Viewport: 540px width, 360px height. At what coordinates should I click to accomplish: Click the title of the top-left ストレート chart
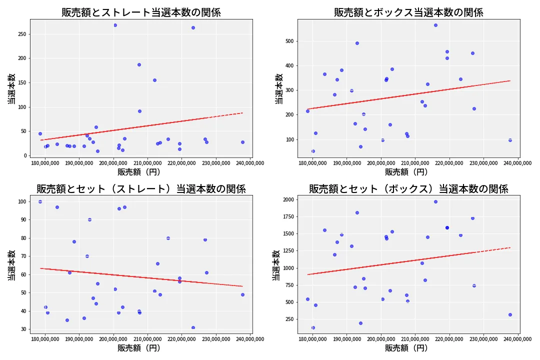141,12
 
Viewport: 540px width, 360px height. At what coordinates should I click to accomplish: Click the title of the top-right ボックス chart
408,12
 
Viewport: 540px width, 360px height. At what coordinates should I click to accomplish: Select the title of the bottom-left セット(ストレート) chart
141,189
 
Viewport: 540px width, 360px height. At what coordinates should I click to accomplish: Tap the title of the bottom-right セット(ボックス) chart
408,189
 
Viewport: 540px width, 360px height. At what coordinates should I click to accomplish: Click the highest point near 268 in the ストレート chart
115,25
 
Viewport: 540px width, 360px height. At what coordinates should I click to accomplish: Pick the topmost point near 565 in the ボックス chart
435,25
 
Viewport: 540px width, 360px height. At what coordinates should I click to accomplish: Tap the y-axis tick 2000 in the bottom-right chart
287,199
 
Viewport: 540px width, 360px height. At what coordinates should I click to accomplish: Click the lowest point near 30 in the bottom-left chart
193,327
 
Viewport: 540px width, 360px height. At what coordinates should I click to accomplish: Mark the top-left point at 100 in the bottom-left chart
40,201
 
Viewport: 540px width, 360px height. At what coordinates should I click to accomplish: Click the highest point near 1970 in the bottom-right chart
435,201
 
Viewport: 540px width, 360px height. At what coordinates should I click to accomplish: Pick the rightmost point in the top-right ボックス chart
510,140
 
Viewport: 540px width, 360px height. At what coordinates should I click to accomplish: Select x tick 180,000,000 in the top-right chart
312,162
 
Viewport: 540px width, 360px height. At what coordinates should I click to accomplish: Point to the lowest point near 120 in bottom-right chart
313,327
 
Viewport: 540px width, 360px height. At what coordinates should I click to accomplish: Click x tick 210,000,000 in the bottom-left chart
148,339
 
